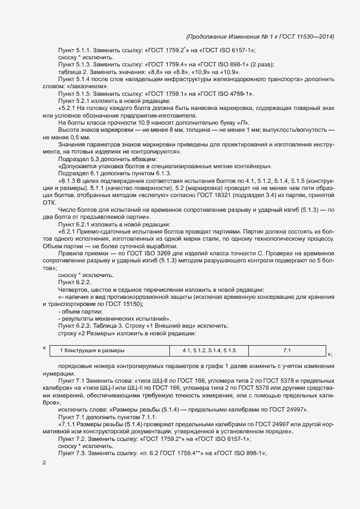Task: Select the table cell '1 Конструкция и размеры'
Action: coord(92,351)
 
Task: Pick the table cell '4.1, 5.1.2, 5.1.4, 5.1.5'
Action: coord(209,351)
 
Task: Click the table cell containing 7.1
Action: coord(287,351)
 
